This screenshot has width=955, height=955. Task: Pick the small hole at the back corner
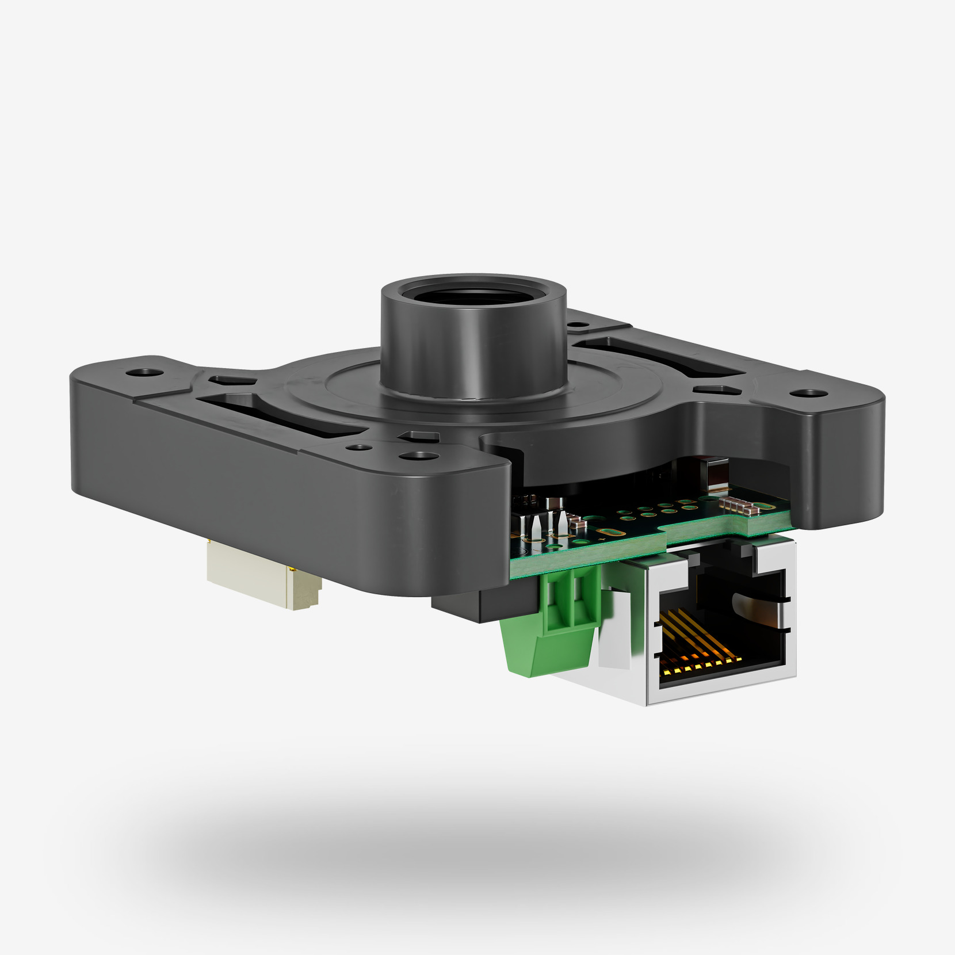pos(575,324)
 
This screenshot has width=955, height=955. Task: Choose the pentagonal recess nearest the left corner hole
pos(226,381)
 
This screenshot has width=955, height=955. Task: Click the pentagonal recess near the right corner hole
pos(716,391)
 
